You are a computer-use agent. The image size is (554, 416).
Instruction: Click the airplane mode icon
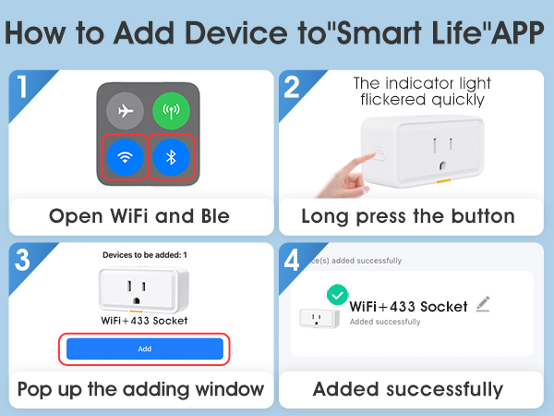(x=126, y=112)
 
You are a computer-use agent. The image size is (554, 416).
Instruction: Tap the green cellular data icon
(x=170, y=112)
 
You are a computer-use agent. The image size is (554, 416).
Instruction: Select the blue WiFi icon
(x=126, y=157)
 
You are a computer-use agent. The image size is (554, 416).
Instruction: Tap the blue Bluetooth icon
(x=170, y=157)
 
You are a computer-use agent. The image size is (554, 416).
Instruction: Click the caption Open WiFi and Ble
(x=139, y=216)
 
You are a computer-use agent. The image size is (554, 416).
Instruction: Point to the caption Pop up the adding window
(x=139, y=388)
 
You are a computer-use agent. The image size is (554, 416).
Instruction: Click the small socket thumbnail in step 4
(x=317, y=319)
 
